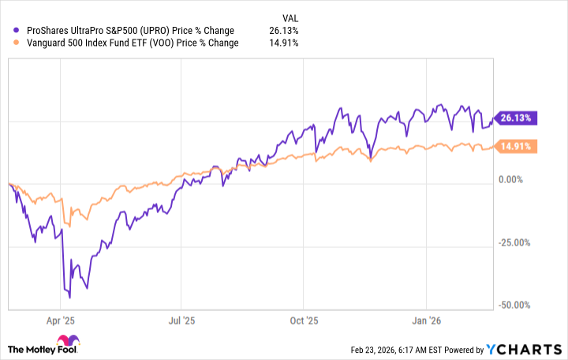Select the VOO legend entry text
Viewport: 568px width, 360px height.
131,43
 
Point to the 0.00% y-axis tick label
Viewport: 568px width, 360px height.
518,180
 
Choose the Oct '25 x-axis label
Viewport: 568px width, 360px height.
304,321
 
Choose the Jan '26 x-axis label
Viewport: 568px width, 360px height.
426,321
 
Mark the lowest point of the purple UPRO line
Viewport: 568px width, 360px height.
70,298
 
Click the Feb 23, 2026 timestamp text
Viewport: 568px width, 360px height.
409,350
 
